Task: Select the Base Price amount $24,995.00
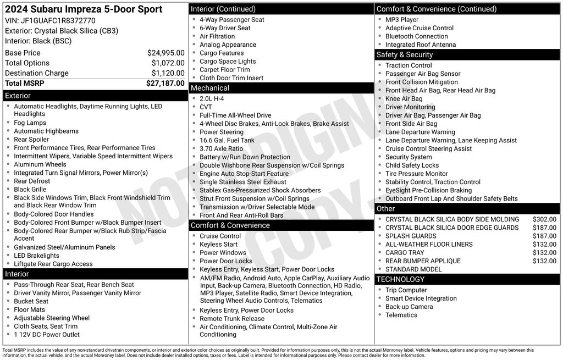click(x=165, y=53)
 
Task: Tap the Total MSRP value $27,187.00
click(x=165, y=84)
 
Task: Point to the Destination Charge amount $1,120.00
click(x=168, y=73)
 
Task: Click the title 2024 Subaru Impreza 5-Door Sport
click(x=84, y=9)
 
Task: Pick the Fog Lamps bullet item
click(x=30, y=123)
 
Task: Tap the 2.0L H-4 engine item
click(x=212, y=99)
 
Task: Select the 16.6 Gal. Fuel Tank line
click(x=227, y=141)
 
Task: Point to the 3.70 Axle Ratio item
click(x=221, y=149)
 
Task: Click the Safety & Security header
click(x=405, y=54)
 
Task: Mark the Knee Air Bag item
click(x=404, y=99)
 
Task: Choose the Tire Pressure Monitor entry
click(x=416, y=174)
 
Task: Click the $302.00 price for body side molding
click(x=544, y=219)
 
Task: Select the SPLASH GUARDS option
click(x=411, y=236)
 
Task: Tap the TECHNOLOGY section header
click(x=401, y=279)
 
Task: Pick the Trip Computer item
click(x=406, y=290)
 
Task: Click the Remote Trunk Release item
click(x=232, y=319)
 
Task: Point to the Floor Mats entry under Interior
click(x=29, y=309)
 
